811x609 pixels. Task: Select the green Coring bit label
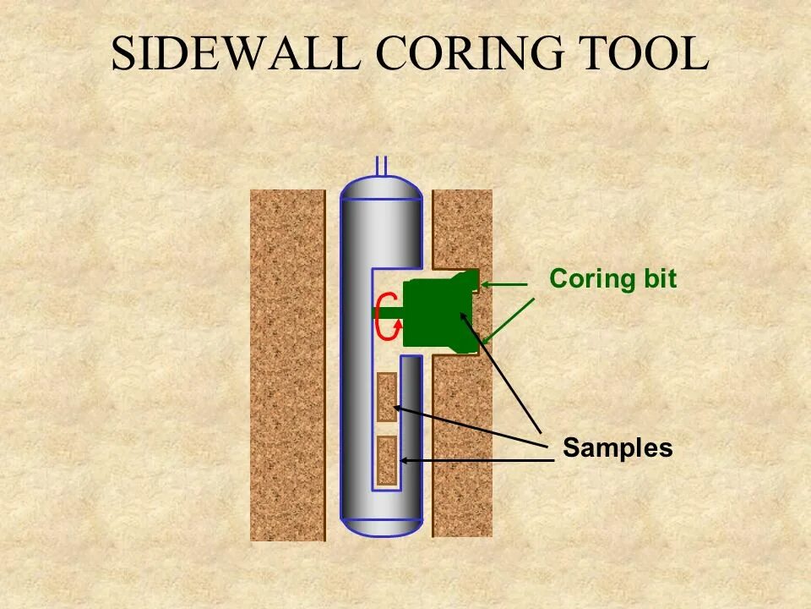tap(612, 279)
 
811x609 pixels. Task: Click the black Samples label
tap(618, 448)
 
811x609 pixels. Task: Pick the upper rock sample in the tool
tap(387, 397)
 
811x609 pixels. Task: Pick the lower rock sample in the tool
tap(387, 460)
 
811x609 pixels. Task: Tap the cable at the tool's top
tap(381, 166)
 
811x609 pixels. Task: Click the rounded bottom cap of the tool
tap(381, 526)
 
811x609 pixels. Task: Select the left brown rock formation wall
tap(287, 364)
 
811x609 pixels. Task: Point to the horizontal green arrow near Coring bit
tap(507, 285)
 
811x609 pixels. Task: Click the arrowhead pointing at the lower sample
tap(405, 460)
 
